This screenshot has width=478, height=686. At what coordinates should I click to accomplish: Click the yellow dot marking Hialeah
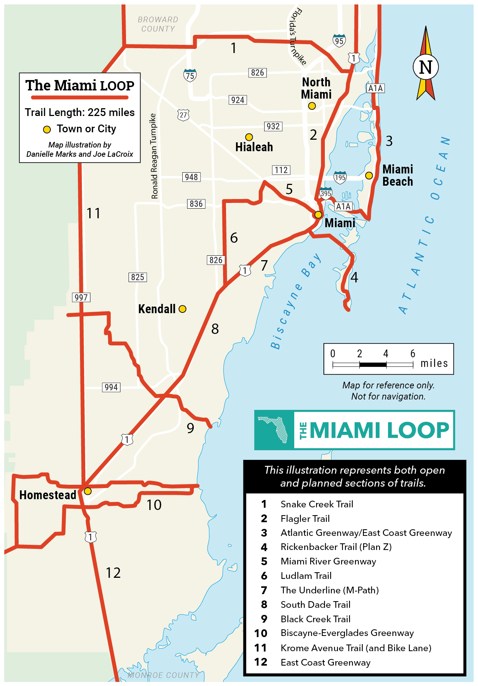point(249,137)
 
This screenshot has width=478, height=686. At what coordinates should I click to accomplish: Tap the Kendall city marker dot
point(182,309)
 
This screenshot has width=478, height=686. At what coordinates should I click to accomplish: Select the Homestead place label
point(48,495)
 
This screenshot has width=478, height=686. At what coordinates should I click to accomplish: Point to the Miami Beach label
point(398,175)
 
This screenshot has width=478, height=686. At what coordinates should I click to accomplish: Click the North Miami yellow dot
point(312,106)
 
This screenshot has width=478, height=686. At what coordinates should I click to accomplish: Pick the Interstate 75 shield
point(190,75)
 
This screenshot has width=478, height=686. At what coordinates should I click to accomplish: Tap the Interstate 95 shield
point(339,40)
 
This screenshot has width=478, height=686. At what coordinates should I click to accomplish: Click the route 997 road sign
point(81,297)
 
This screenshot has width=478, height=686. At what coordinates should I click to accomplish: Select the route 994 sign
point(111,387)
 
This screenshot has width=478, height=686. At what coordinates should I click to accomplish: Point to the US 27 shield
point(183,115)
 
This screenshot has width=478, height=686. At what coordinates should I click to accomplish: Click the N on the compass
point(426,67)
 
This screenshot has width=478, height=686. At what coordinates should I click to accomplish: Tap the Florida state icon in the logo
point(275,430)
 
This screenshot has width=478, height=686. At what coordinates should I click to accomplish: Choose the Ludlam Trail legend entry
point(306,576)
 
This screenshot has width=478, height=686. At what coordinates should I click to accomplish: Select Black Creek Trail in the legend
point(315,619)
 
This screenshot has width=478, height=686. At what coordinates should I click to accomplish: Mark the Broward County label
point(158,24)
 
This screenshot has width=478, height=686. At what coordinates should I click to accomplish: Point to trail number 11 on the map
point(93,213)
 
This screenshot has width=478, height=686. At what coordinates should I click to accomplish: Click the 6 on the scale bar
point(413,354)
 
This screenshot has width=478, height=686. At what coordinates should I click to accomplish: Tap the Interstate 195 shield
point(340,177)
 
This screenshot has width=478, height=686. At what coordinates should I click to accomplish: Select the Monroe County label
point(163,675)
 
